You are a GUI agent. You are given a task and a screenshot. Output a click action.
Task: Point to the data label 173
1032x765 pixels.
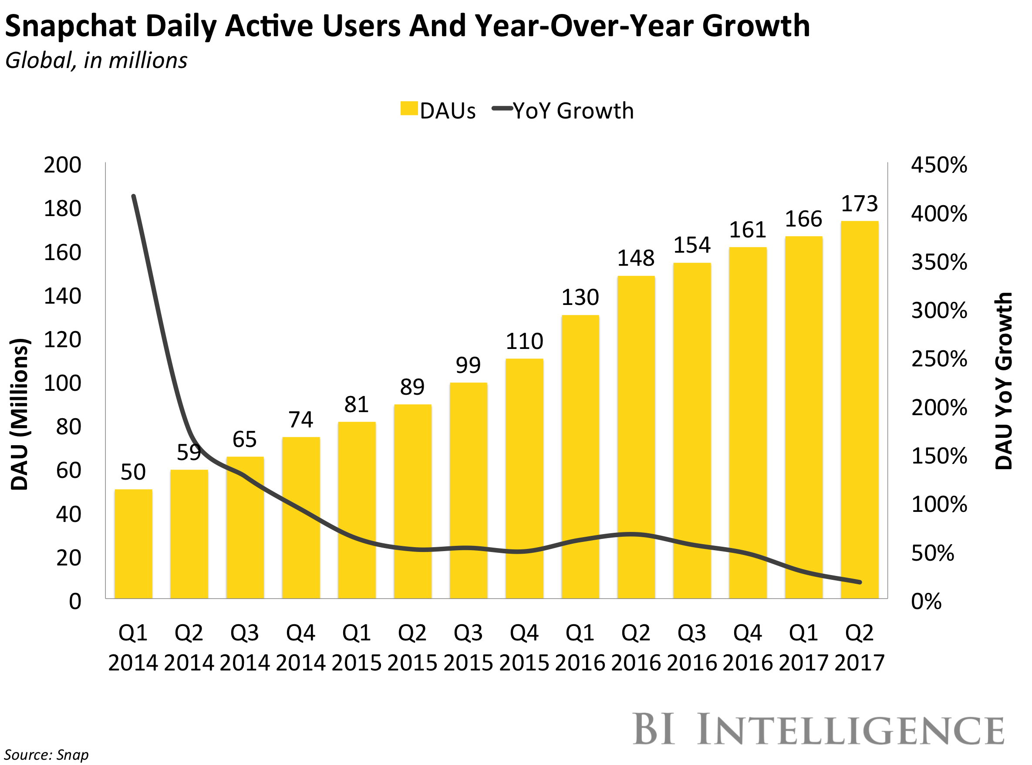[x=860, y=204]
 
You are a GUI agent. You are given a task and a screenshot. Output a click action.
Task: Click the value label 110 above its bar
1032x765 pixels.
[x=524, y=341]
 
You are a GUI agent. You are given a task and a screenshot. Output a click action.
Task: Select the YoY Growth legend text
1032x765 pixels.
[x=573, y=111]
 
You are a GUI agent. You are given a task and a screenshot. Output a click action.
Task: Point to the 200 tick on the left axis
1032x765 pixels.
[x=62, y=165]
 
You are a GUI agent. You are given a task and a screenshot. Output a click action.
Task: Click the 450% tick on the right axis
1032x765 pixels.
[x=939, y=165]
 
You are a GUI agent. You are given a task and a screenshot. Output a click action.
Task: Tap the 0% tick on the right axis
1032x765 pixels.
[x=927, y=602]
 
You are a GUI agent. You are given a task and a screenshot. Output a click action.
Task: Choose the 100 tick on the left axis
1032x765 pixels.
[x=62, y=383]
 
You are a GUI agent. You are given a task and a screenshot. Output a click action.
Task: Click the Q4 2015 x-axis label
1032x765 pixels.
[x=524, y=647]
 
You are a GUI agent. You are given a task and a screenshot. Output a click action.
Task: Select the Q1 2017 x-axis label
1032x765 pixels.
[x=803, y=647]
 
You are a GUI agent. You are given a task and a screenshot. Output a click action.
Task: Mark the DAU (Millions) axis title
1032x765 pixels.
[x=20, y=414]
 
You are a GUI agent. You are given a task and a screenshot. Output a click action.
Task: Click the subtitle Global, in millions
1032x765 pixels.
[x=96, y=61]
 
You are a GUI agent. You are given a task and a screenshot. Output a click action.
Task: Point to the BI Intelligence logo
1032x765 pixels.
[x=818, y=730]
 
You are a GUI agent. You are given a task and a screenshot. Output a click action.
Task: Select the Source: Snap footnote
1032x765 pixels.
[x=46, y=755]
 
